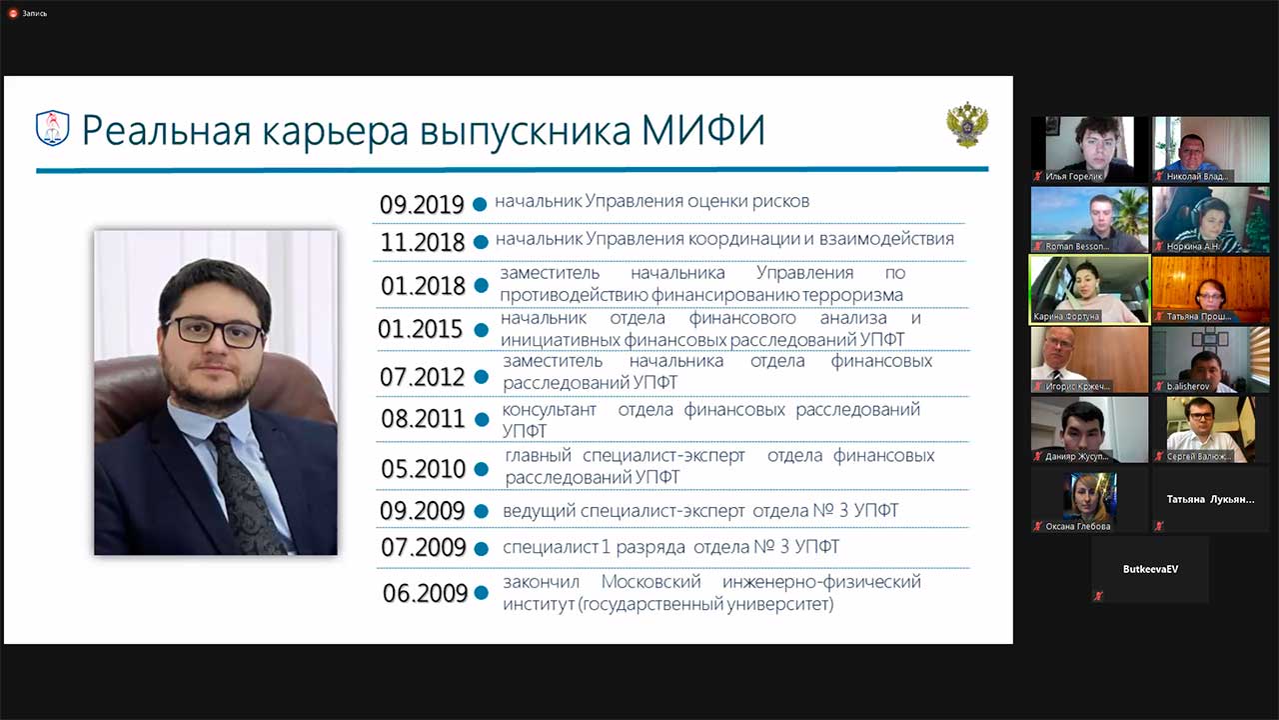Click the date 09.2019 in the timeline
(422, 205)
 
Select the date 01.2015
(421, 329)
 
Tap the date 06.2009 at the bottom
(425, 593)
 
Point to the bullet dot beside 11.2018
(481, 242)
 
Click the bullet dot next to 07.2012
(481, 377)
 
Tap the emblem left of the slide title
(52, 129)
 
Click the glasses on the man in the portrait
(214, 332)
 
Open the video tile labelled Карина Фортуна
(1089, 289)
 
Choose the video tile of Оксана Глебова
(1089, 498)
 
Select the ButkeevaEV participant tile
(1149, 569)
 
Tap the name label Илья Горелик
(1074, 176)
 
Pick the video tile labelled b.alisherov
(1210, 359)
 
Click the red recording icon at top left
(14, 13)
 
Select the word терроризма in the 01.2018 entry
(853, 295)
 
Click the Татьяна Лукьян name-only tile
(1210, 498)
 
